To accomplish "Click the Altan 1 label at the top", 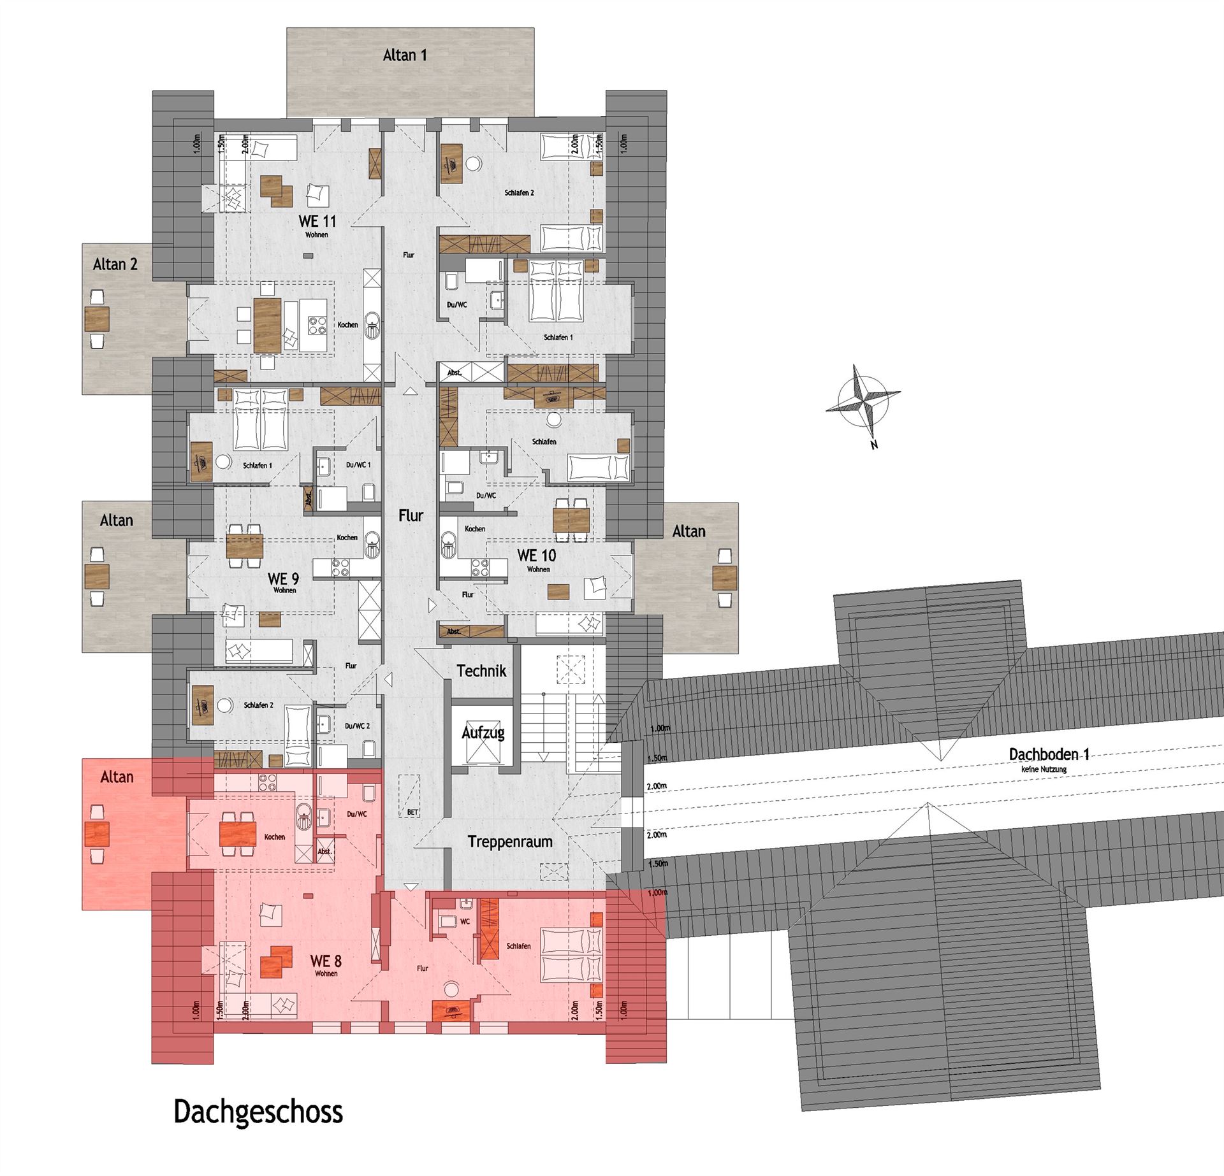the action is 405,55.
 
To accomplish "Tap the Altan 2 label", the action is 115,264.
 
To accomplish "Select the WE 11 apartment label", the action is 317,221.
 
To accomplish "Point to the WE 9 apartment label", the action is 283,578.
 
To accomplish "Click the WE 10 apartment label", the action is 537,556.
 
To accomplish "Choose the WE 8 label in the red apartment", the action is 325,960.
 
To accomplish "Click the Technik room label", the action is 481,671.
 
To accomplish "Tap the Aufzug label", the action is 483,733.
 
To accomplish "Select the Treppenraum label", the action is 510,842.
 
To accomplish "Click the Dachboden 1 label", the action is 1049,754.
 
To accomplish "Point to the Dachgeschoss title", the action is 258,1112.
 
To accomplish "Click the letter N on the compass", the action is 874,445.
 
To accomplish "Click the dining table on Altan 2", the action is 96,319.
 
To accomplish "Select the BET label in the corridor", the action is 412,812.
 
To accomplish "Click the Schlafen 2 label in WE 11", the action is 519,192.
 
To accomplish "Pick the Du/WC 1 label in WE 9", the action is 358,465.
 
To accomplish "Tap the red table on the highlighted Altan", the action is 96,835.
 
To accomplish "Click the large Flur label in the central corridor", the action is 411,515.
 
